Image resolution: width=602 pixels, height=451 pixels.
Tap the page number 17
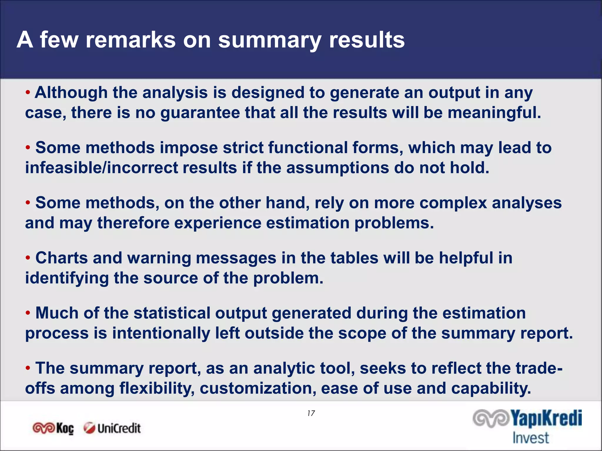coord(311,413)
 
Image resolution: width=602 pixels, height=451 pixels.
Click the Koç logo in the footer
coord(53,428)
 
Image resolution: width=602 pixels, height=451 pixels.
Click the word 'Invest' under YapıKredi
coord(531,438)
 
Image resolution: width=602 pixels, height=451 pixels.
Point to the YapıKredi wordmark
coord(546,418)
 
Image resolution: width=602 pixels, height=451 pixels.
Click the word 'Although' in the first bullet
coord(71,93)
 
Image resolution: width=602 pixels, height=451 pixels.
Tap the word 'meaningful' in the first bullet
coord(494,113)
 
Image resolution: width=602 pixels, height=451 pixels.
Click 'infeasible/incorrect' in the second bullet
coord(102,168)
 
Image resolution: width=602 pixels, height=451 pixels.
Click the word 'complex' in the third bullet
coord(453,203)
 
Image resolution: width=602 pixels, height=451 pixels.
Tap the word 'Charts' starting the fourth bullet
coord(61,258)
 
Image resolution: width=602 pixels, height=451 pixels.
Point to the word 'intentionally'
coord(161,333)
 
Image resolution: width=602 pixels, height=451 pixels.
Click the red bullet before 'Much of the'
coord(28,313)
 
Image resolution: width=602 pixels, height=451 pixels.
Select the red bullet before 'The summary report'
coord(28,368)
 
